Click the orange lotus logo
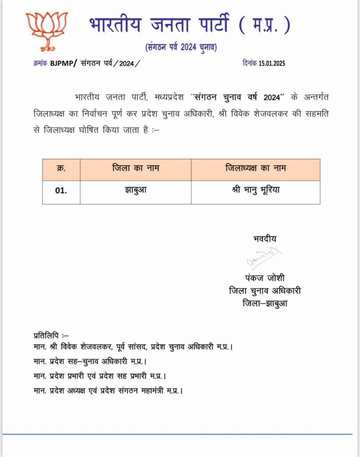[x=46, y=30]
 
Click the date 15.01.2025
[x=272, y=63]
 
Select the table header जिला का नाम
[x=136, y=168]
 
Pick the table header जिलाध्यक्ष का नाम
[x=256, y=168]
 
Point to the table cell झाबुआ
[x=136, y=190]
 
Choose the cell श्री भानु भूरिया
[x=256, y=190]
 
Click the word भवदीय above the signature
[x=265, y=239]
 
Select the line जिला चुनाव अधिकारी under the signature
[x=265, y=291]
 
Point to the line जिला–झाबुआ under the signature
[x=265, y=304]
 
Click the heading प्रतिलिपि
[x=50, y=335]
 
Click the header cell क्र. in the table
[x=61, y=168]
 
